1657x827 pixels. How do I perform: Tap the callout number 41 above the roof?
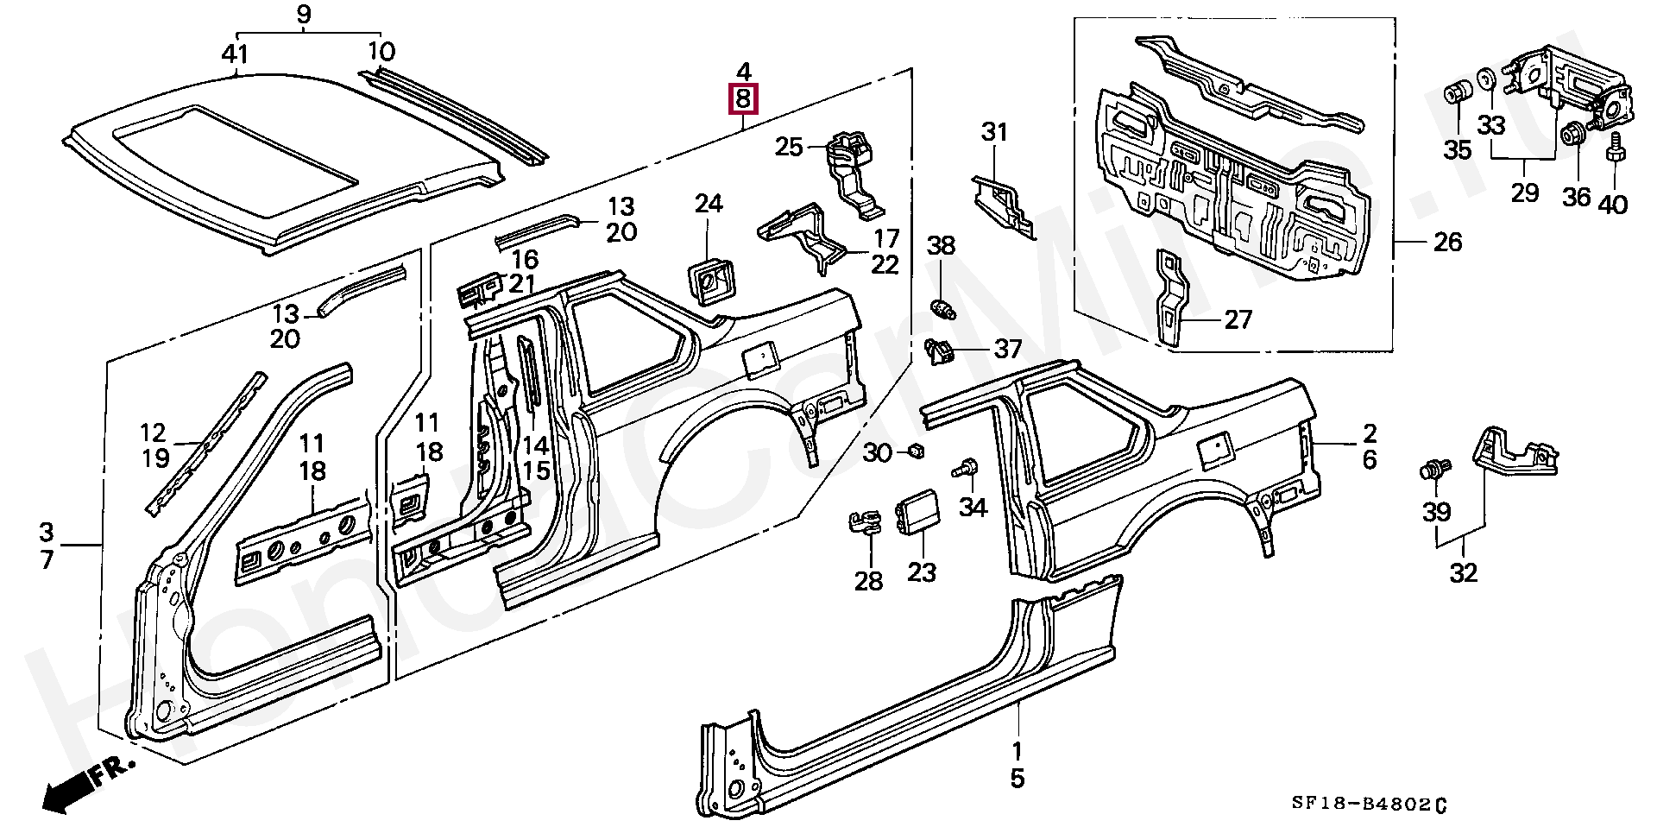235,54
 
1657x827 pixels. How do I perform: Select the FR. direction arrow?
86,782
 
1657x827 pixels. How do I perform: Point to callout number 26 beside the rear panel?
1447,243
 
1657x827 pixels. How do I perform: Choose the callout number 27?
1238,320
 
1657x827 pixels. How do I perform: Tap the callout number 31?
994,133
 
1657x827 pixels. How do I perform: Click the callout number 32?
1464,572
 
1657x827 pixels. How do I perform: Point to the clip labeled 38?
942,306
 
